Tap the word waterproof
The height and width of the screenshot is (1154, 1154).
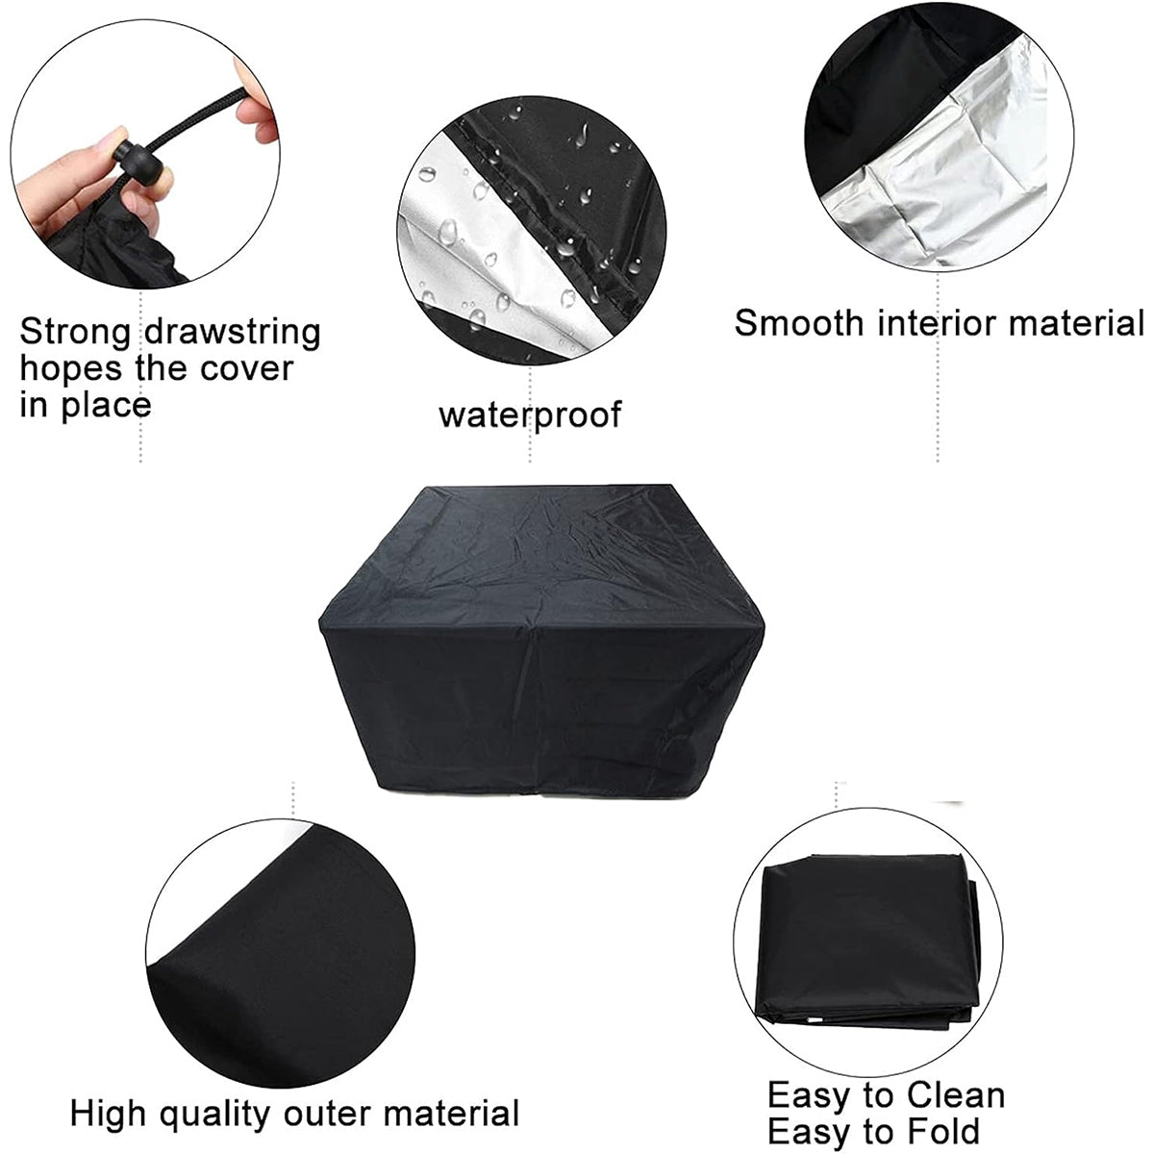(x=530, y=415)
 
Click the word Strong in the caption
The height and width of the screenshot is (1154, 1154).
(x=75, y=333)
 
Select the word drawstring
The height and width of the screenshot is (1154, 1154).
(x=233, y=333)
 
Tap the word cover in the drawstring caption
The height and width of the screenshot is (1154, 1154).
(x=247, y=370)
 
